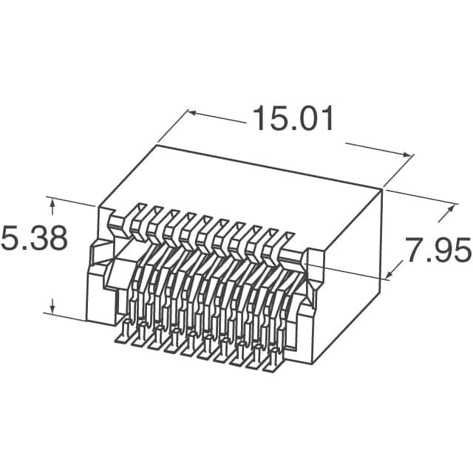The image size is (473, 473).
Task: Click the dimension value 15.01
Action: (x=293, y=119)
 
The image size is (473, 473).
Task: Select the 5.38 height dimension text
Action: (x=34, y=239)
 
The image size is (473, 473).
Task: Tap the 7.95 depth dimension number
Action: (x=437, y=251)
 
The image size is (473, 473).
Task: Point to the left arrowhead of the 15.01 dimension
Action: (x=191, y=113)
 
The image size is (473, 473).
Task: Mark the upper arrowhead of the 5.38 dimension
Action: (x=52, y=201)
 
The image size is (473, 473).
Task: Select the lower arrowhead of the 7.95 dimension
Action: (x=389, y=275)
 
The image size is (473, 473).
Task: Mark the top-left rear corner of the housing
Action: (x=156, y=146)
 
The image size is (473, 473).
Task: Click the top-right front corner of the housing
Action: (x=383, y=189)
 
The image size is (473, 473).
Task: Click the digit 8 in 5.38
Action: (x=57, y=239)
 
